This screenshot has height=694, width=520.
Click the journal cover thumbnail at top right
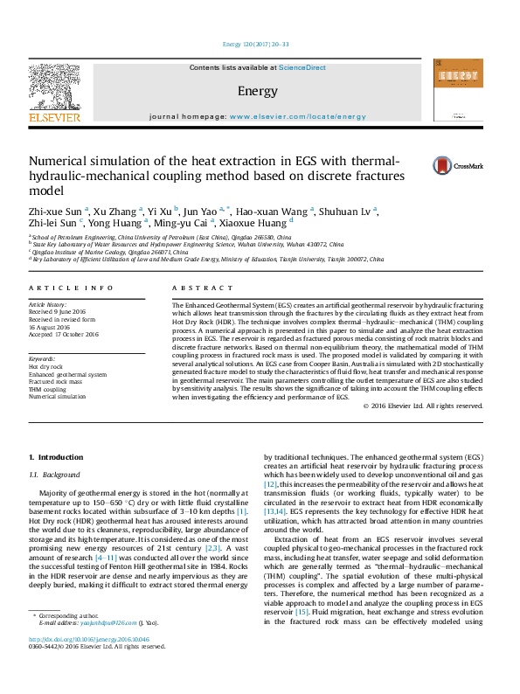point(459,89)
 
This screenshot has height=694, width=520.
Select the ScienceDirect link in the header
point(302,67)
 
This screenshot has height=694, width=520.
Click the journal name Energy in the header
point(257,91)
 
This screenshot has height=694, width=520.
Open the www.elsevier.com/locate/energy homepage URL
point(298,116)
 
